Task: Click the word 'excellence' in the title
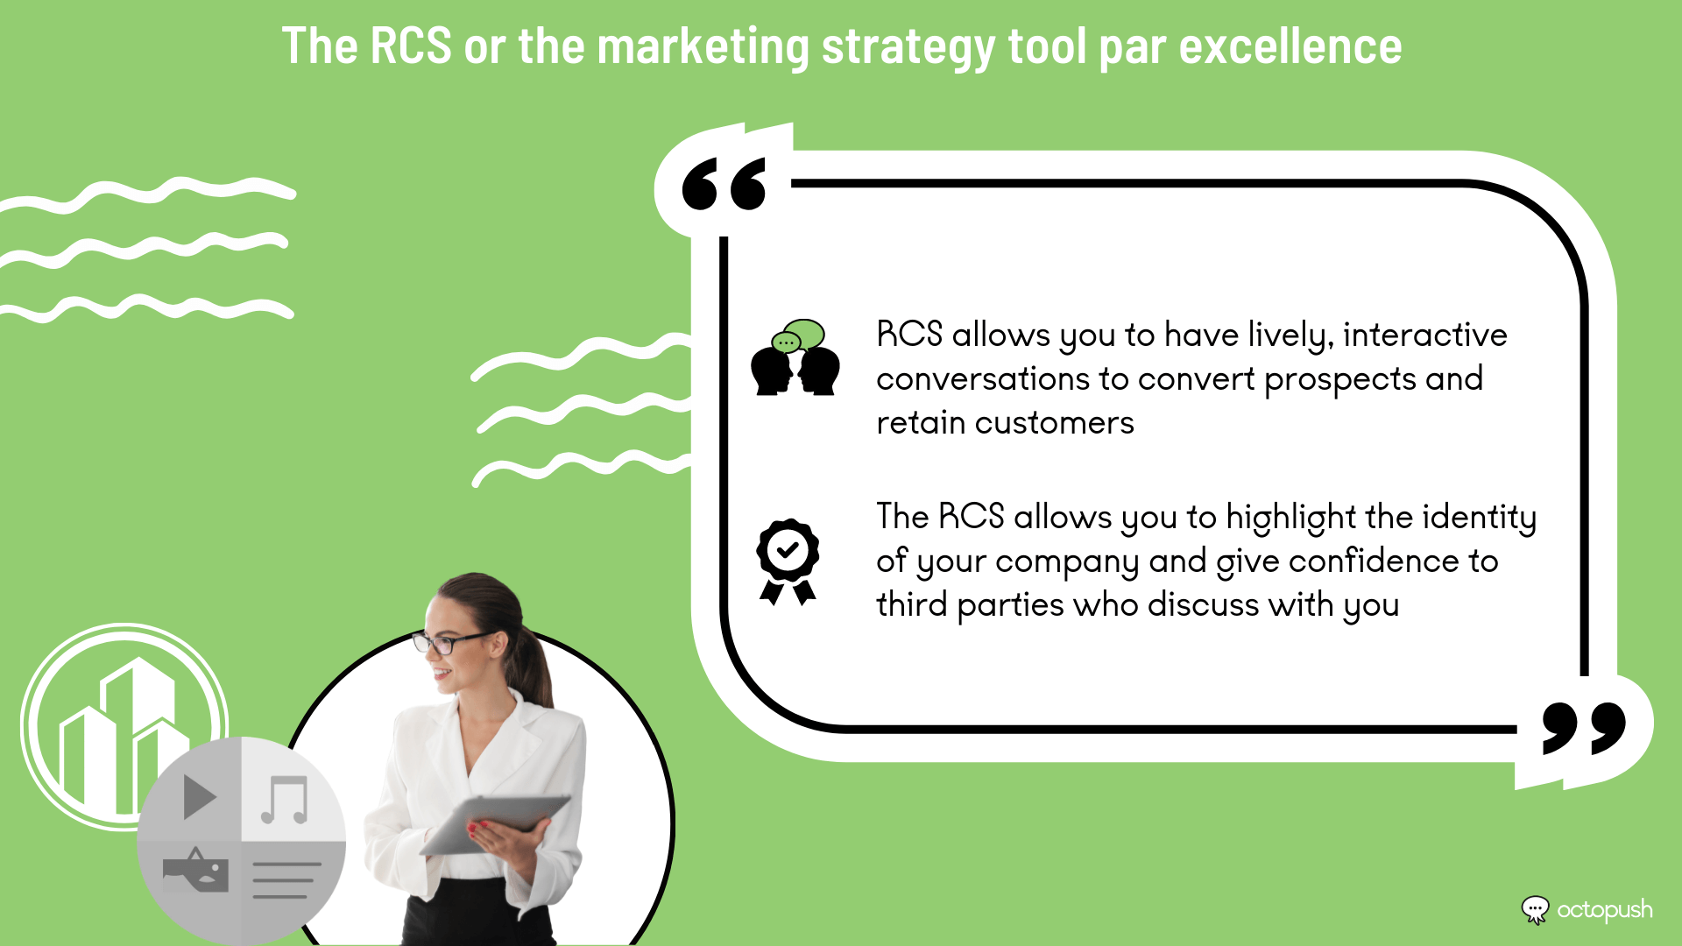1290,46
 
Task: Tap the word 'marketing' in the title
703,48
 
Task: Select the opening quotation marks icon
724,184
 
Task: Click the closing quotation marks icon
1584,727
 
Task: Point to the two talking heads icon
795,357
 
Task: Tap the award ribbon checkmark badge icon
788,561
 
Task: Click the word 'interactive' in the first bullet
1424,335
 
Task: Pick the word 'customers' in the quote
1055,423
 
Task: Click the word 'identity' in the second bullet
1479,518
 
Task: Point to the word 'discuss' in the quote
1204,604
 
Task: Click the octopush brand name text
1605,911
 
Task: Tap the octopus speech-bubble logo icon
1535,910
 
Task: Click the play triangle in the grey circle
200,797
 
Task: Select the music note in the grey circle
286,800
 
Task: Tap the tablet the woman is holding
495,823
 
